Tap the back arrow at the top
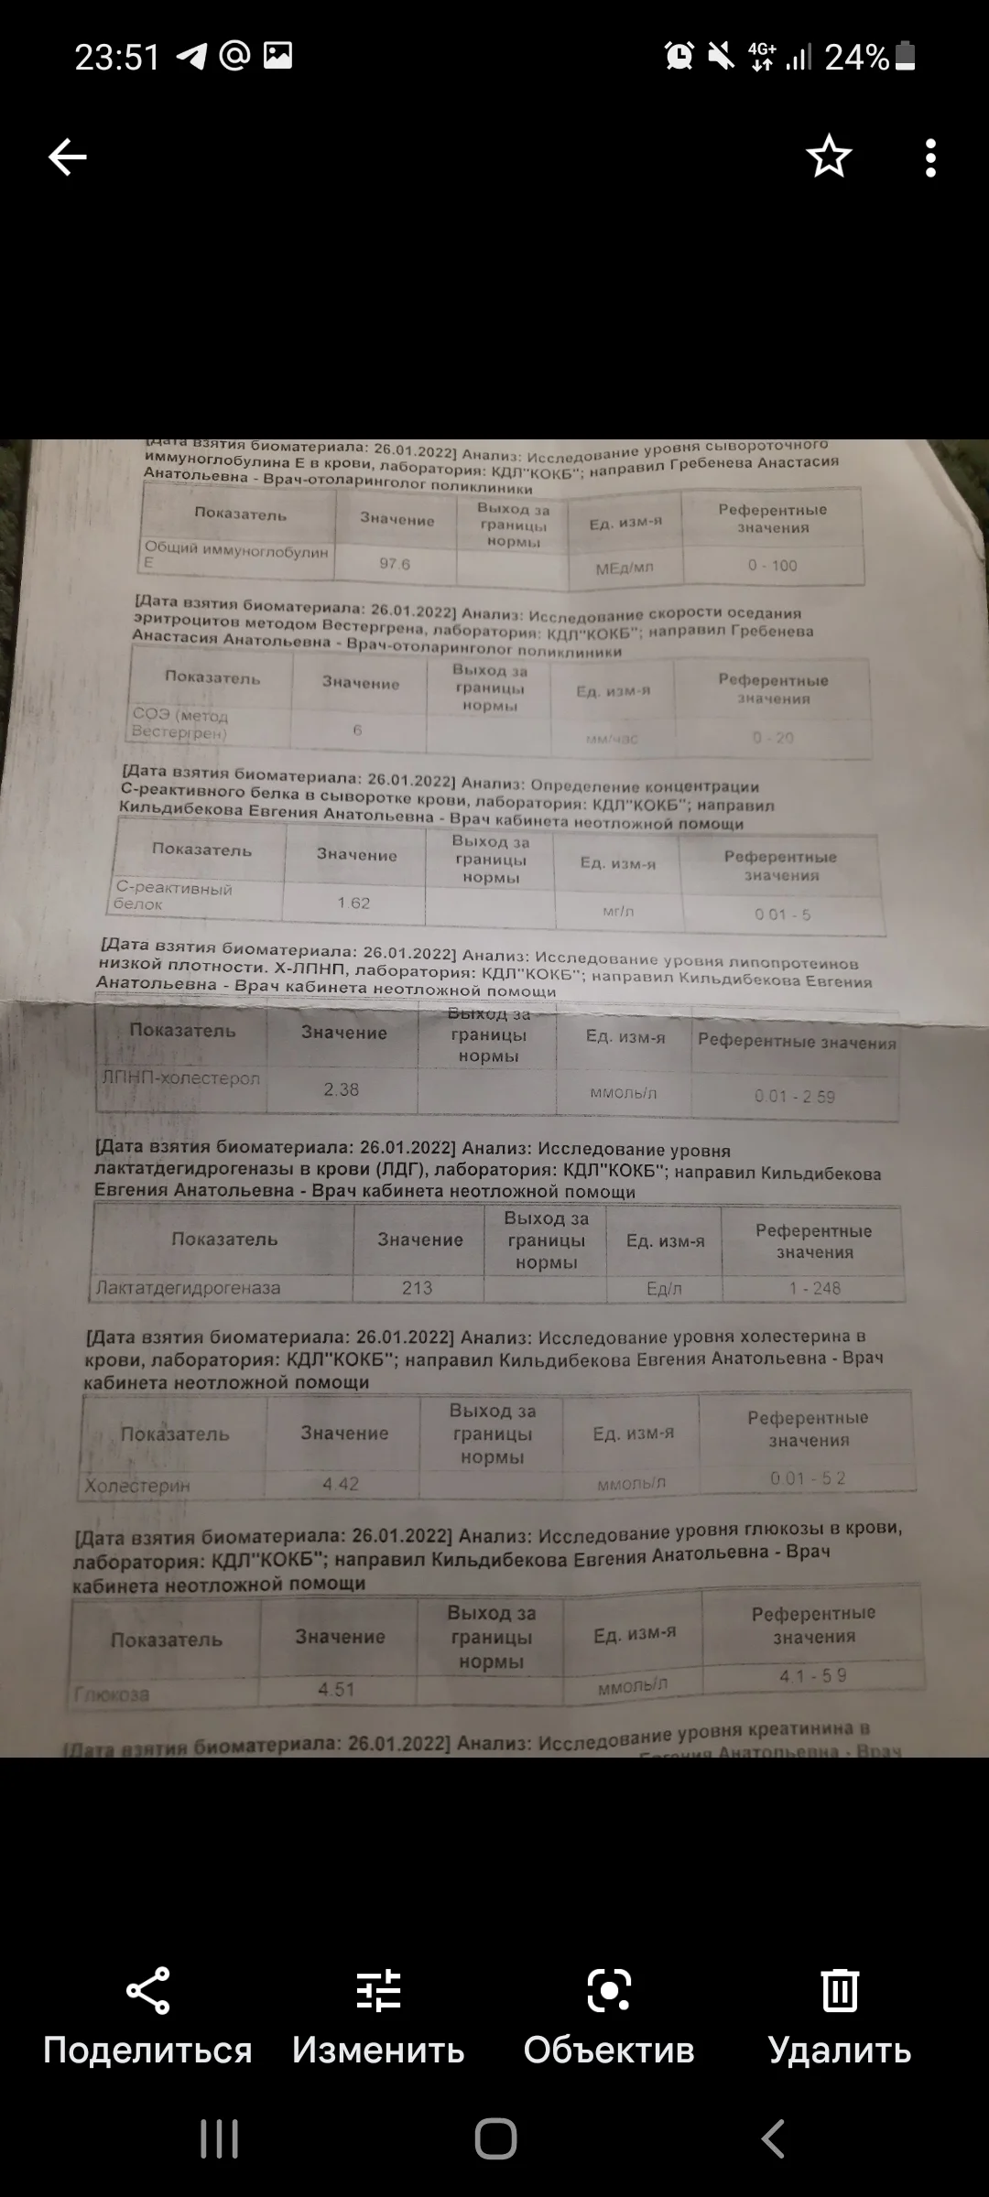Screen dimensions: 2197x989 [x=68, y=157]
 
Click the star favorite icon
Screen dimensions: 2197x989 [x=829, y=157]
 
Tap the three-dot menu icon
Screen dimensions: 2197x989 [x=930, y=157]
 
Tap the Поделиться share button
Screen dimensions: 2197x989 [x=147, y=2017]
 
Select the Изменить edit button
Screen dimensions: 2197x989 [x=378, y=2017]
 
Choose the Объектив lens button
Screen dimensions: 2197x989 [x=609, y=2017]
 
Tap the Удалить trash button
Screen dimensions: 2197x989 [x=840, y=2017]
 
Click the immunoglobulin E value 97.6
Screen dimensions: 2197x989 [x=395, y=564]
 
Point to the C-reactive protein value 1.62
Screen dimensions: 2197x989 [x=353, y=903]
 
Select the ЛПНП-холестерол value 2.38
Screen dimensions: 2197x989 [x=341, y=1089]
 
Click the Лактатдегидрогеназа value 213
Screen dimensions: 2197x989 [x=417, y=1288]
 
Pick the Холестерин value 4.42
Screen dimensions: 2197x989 [x=341, y=1484]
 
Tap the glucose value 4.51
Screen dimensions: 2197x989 [x=336, y=1689]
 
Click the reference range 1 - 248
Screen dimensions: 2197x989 [x=814, y=1288]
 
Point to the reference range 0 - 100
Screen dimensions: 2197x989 [x=772, y=566]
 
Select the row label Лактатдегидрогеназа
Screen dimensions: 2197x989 [x=189, y=1288]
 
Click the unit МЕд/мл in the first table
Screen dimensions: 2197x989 [x=625, y=568]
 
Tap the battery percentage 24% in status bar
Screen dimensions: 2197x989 [x=856, y=58]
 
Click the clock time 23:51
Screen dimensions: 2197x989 [x=117, y=58]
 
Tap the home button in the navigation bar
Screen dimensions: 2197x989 [x=495, y=2140]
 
